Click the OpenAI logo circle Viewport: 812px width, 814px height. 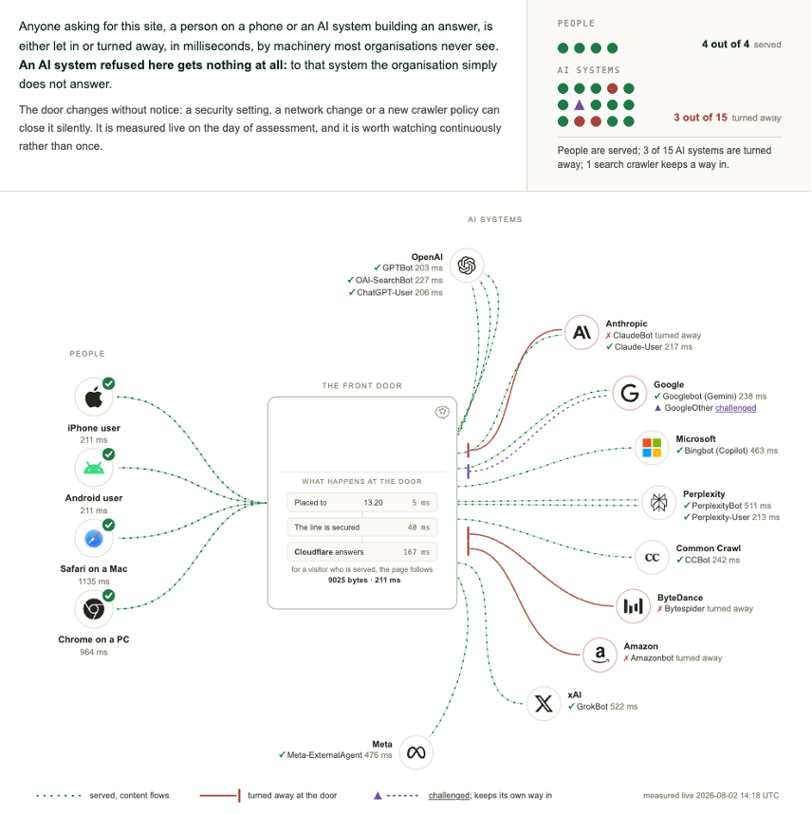pos(467,266)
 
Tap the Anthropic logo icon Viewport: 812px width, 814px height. pos(581,332)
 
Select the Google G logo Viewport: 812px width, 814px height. pos(629,393)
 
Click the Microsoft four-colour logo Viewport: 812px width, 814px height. pos(652,448)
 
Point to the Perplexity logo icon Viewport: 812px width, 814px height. pos(659,502)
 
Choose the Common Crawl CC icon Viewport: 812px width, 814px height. pos(652,557)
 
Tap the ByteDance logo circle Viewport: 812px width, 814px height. pos(633,606)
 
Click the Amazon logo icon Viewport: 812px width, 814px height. pos(600,655)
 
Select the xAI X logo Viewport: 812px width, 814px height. pos(544,703)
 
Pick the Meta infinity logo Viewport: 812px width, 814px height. pos(415,752)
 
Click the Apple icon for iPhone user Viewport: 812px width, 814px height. pos(94,398)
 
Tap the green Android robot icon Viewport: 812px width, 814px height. pos(94,468)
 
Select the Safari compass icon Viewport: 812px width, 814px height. pos(94,538)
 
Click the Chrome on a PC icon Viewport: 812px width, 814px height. pos(94,609)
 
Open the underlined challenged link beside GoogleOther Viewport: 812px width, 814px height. pos(736,408)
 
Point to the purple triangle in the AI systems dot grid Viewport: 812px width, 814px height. pos(580,105)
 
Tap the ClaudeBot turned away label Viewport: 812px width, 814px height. pos(654,335)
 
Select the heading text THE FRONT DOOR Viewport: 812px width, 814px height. pos(361,386)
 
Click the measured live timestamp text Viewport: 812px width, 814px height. pos(710,795)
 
